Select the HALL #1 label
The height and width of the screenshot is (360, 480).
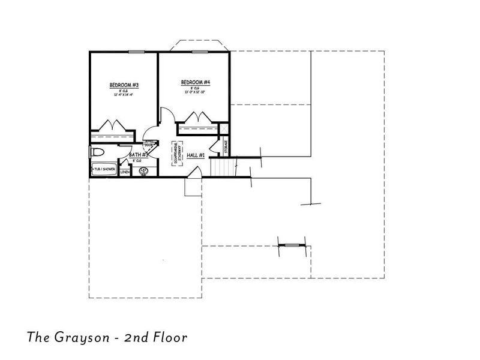(x=196, y=155)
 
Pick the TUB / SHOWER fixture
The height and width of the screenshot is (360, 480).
(x=103, y=170)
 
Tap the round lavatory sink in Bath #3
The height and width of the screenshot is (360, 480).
(x=144, y=172)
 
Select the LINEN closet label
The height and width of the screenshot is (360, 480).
(x=125, y=172)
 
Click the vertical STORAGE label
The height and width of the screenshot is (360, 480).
(x=226, y=146)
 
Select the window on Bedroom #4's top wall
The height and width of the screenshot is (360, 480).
(x=200, y=52)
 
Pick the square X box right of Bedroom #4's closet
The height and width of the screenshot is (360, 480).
(x=223, y=128)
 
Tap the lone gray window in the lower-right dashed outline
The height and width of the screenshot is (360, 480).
(x=292, y=245)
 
